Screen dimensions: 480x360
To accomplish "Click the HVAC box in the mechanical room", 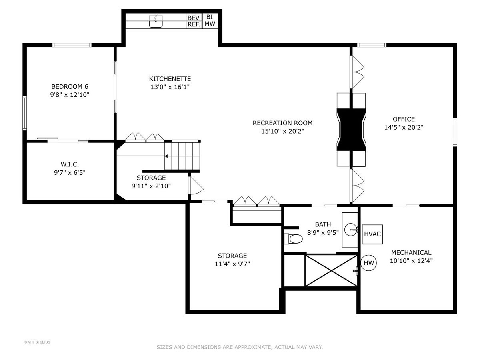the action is click(372, 234).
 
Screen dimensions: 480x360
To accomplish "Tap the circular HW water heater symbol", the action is click(369, 263).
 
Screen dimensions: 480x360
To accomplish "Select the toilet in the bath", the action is click(293, 239).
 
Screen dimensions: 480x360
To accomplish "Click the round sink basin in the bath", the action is click(351, 230).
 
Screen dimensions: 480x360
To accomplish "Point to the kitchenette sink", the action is click(156, 21).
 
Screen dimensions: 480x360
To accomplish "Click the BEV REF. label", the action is click(194, 21).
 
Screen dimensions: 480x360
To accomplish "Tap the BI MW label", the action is click(210, 20).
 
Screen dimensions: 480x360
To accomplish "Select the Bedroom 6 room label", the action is click(70, 86).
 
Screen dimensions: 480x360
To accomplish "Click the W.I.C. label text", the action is click(70, 164).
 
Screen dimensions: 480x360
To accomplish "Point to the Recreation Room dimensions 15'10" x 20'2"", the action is click(283, 131).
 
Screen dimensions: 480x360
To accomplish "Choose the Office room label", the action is click(404, 119).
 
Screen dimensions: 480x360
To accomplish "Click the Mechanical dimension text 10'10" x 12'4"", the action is click(411, 260).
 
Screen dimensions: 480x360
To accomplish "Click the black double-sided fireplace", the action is click(351, 130).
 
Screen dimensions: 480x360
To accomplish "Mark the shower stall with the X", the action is click(331, 270).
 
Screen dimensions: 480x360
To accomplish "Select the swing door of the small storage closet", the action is click(196, 185).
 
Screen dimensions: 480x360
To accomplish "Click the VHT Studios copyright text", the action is click(37, 342).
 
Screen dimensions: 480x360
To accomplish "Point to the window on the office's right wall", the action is click(455, 132).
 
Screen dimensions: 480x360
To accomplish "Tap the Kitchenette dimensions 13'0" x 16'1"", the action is click(170, 87).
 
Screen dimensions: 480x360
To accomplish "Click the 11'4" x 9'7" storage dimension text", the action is click(232, 264).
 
